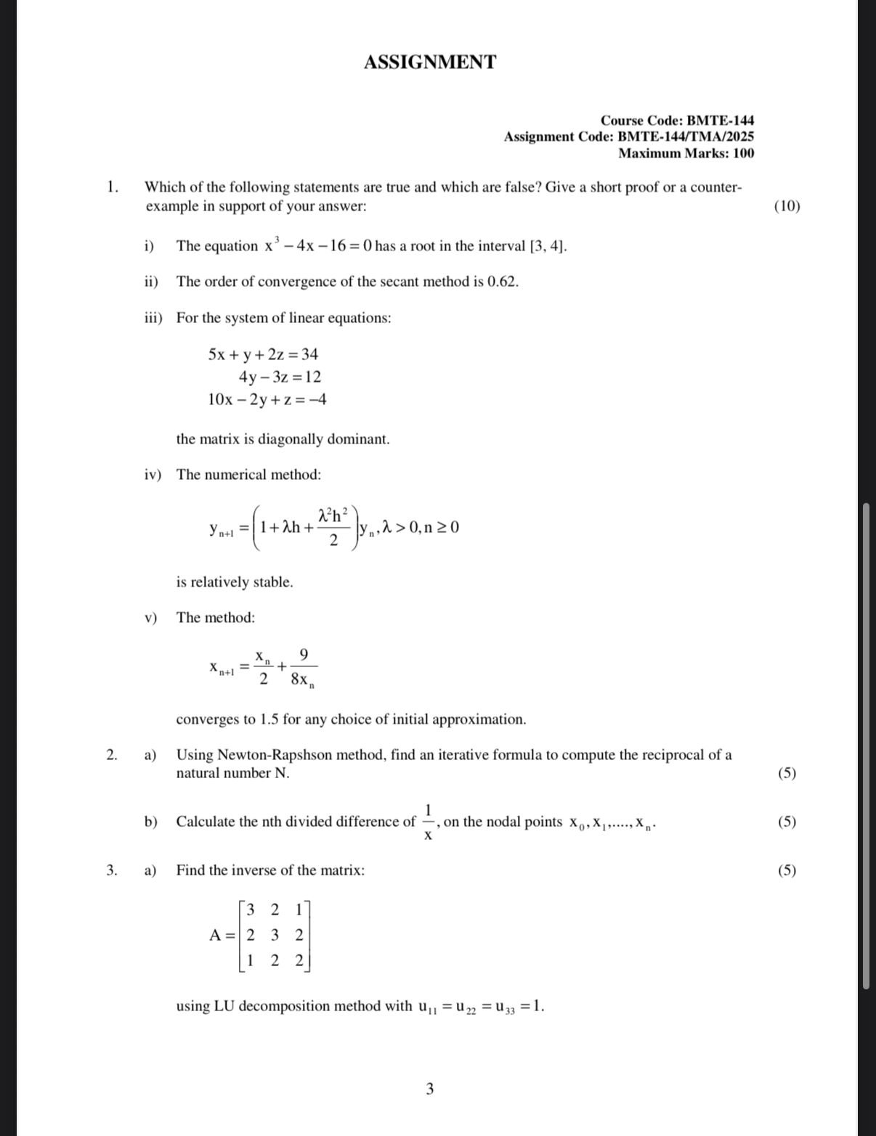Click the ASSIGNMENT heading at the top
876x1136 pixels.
(x=430, y=62)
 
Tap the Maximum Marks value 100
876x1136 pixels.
(x=742, y=153)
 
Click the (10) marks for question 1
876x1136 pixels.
(x=787, y=205)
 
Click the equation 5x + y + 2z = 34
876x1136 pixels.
(x=263, y=354)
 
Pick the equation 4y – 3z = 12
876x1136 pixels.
(x=280, y=377)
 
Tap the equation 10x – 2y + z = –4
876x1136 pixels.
(x=267, y=399)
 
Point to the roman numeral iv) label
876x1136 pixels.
(x=152, y=475)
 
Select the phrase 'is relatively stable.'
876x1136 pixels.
(x=235, y=582)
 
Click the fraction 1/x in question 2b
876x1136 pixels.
(x=429, y=822)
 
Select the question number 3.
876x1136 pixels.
(x=111, y=870)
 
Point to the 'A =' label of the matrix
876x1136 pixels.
(x=222, y=935)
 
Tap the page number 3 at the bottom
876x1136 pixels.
(x=430, y=1088)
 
